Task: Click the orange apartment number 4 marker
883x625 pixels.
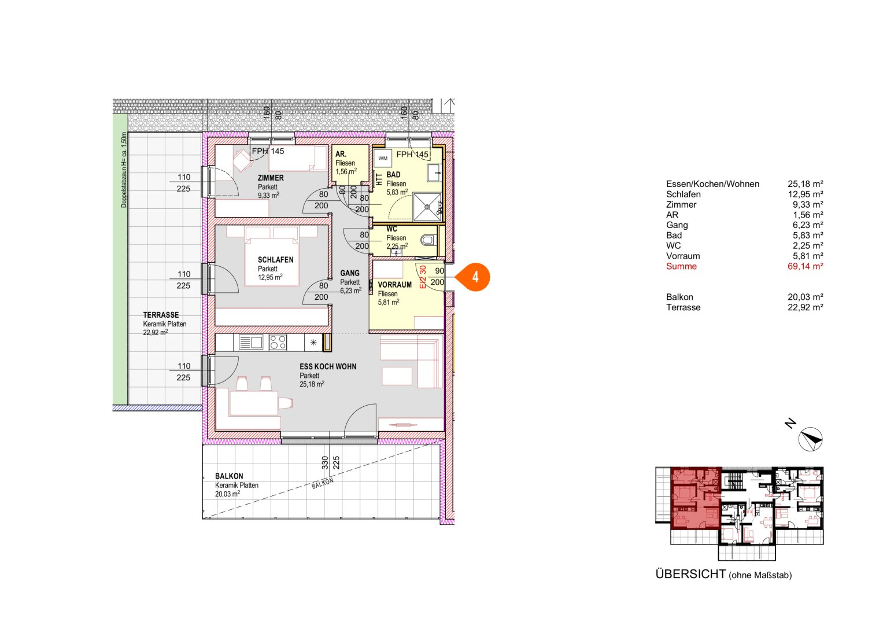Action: pyautogui.click(x=475, y=277)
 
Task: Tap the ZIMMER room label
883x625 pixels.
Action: pyautogui.click(x=271, y=178)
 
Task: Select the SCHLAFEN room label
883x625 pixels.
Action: pyautogui.click(x=275, y=260)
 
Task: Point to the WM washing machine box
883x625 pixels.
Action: pyautogui.click(x=383, y=158)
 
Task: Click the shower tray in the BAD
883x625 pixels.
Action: pyautogui.click(x=427, y=207)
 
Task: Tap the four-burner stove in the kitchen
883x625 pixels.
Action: pyautogui.click(x=278, y=343)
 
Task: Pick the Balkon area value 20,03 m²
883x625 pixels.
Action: pyautogui.click(x=805, y=297)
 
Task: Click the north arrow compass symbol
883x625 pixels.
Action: pyautogui.click(x=810, y=439)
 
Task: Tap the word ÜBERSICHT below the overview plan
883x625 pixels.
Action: pyautogui.click(x=690, y=574)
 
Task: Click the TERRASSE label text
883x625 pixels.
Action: pyautogui.click(x=161, y=315)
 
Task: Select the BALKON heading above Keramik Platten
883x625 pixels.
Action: pyautogui.click(x=229, y=476)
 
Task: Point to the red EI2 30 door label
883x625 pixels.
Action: pyautogui.click(x=423, y=277)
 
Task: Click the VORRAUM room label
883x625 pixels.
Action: pyautogui.click(x=394, y=285)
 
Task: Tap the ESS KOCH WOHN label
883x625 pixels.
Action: pyautogui.click(x=328, y=366)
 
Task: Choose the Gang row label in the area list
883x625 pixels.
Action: pyautogui.click(x=677, y=225)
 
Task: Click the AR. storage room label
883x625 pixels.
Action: pyautogui.click(x=341, y=154)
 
